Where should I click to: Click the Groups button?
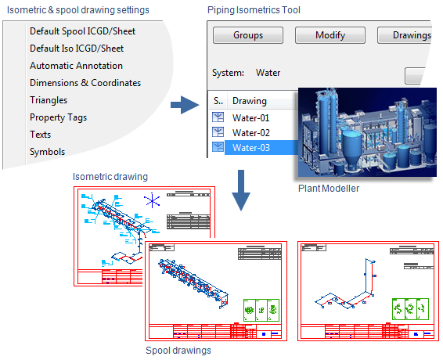click(x=248, y=35)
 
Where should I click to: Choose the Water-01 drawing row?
click(x=251, y=117)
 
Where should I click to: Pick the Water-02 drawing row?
click(x=251, y=132)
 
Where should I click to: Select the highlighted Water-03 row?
click(x=251, y=147)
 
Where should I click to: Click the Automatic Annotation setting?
click(x=76, y=66)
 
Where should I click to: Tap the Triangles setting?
click(x=49, y=100)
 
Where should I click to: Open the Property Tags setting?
click(x=58, y=117)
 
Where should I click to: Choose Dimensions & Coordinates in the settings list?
click(x=85, y=83)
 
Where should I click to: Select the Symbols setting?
click(x=47, y=152)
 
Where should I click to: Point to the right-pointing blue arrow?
click(x=184, y=104)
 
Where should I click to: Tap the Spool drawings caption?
click(x=178, y=351)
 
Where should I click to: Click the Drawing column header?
click(x=249, y=101)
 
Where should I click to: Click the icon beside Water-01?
click(x=219, y=117)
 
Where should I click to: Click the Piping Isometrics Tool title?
click(x=254, y=9)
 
